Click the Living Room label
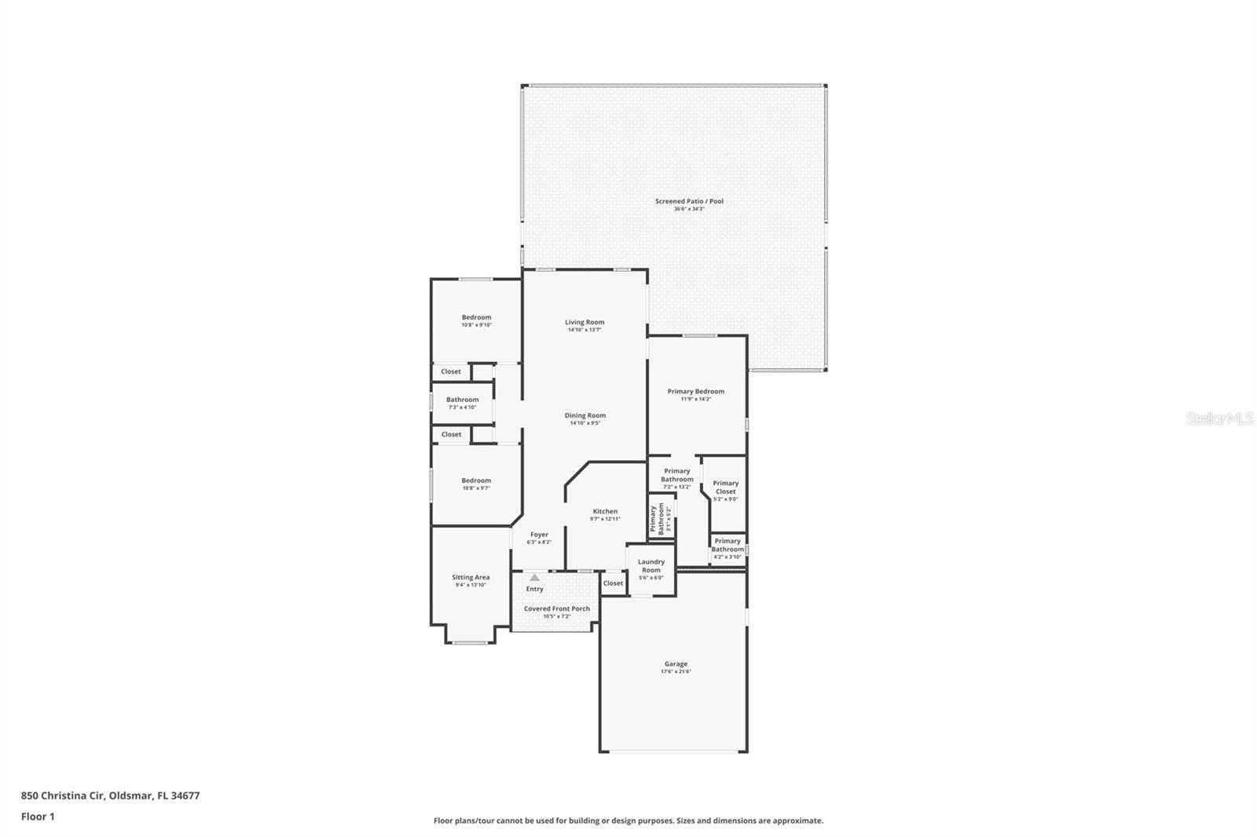[x=585, y=322]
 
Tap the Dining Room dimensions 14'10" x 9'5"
[x=585, y=423]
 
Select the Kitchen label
[x=605, y=511]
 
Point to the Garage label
[x=676, y=663]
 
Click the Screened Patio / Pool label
[x=689, y=201]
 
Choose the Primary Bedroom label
[x=695, y=391]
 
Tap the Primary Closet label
[x=725, y=487]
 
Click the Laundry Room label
[x=651, y=565]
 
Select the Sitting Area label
[x=471, y=577]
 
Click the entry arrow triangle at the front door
[x=534, y=577]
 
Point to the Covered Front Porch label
[x=556, y=609]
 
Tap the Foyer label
[x=539, y=535]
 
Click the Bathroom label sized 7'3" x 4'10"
[x=462, y=400]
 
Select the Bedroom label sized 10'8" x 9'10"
[x=476, y=317]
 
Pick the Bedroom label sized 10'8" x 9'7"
[x=476, y=481]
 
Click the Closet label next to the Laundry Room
[x=613, y=583]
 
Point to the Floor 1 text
[x=38, y=817]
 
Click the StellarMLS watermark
[x=1219, y=418]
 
